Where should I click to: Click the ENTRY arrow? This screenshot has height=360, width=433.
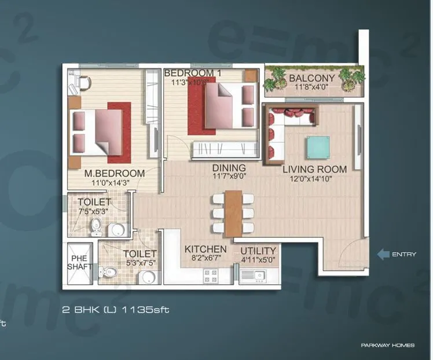click(383, 254)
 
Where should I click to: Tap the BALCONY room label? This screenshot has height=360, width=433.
click(311, 78)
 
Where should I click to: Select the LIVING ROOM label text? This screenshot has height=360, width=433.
click(314, 170)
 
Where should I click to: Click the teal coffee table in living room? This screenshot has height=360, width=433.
click(318, 147)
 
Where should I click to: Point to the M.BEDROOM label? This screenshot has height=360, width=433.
click(114, 173)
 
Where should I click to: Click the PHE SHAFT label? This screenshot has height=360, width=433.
click(78, 263)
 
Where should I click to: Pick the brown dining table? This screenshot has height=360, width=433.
click(234, 212)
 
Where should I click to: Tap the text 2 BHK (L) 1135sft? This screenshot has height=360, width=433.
click(115, 310)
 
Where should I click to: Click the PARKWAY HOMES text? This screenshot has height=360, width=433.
click(387, 346)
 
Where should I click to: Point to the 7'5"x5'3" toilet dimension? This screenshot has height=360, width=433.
click(89, 211)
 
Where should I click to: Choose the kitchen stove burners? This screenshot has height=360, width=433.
click(208, 277)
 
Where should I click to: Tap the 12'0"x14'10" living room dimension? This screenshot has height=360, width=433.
click(314, 179)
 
